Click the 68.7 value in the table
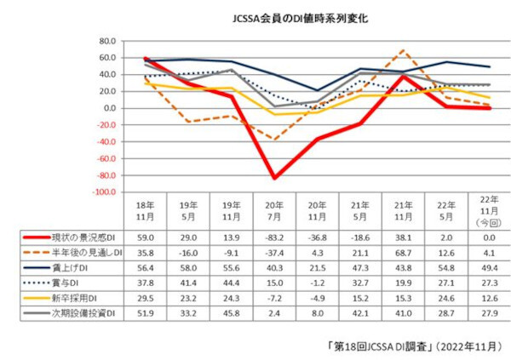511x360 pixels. pyautogui.click(x=402, y=254)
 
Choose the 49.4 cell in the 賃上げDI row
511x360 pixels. pyautogui.click(x=488, y=267)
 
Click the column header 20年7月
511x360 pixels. pyautogui.click(x=275, y=212)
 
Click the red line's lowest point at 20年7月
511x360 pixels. pyautogui.click(x=275, y=178)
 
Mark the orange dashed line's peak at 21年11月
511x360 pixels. pyautogui.click(x=403, y=50)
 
